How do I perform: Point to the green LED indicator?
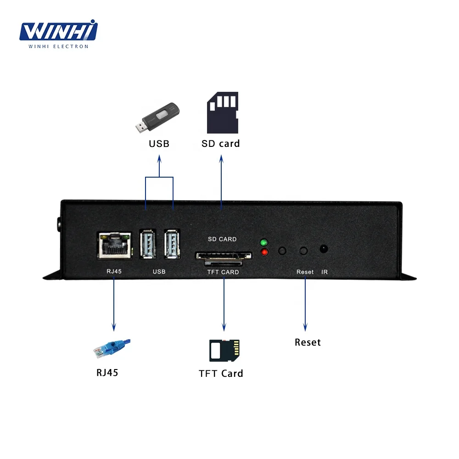pyautogui.click(x=263, y=242)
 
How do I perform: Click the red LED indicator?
pyautogui.click(x=263, y=252)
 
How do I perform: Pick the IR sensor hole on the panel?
pyautogui.click(x=324, y=249)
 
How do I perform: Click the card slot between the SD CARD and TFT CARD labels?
pyautogui.click(x=223, y=256)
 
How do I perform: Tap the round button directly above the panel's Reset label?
pyautogui.click(x=303, y=251)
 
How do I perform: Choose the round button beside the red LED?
pyautogui.click(x=282, y=251)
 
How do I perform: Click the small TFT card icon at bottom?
pyautogui.click(x=224, y=351)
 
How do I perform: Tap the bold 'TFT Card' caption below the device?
pyautogui.click(x=221, y=373)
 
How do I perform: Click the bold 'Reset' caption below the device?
pyautogui.click(x=308, y=342)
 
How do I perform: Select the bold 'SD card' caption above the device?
pyautogui.click(x=221, y=144)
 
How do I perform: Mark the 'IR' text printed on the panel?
pyautogui.click(x=325, y=272)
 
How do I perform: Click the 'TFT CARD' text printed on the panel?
pyautogui.click(x=223, y=272)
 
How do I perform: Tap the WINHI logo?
pyautogui.click(x=59, y=33)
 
